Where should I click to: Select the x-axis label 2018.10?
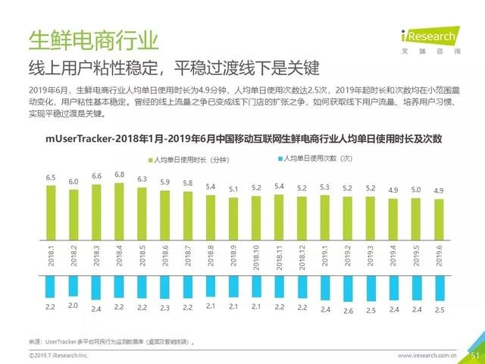pos(256,253)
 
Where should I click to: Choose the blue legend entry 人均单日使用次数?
pos(311,159)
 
